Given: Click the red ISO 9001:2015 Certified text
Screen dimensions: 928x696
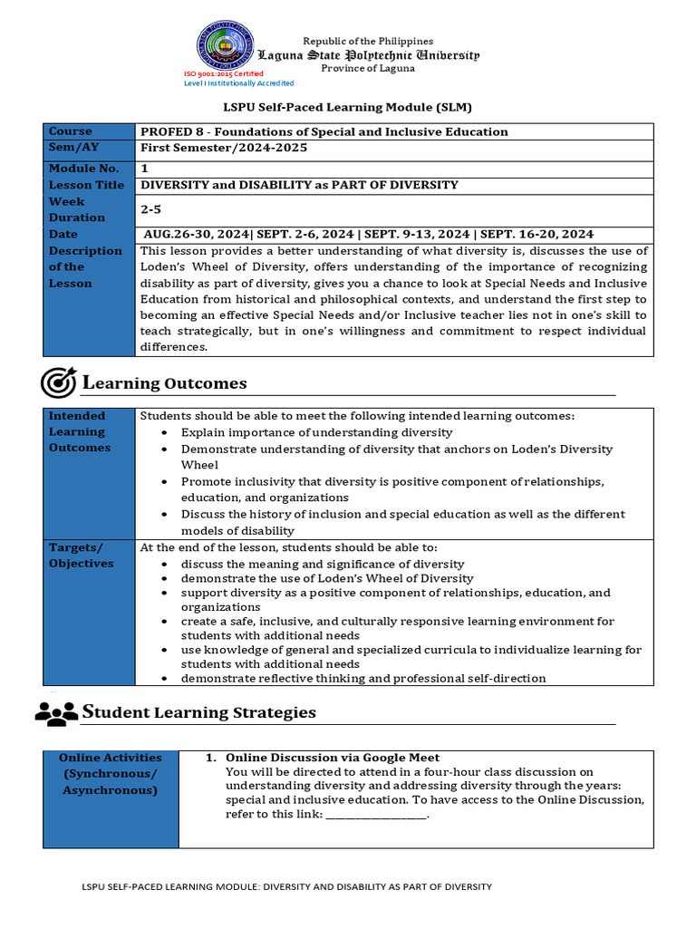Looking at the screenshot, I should [x=224, y=73].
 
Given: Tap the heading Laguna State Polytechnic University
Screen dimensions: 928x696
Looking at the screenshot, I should [x=368, y=55].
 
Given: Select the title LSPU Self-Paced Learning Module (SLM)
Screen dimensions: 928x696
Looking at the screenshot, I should [x=349, y=107].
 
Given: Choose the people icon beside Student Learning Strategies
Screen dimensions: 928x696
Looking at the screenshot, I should [x=56, y=713].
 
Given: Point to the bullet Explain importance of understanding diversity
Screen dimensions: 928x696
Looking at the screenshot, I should [x=316, y=432].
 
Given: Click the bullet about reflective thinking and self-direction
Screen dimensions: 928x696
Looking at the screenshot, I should [x=362, y=678].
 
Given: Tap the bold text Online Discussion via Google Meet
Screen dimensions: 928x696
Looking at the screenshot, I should [x=332, y=758].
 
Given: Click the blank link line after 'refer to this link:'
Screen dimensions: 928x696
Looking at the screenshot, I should [x=375, y=814].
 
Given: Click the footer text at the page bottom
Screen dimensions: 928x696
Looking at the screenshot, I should [x=286, y=886].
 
